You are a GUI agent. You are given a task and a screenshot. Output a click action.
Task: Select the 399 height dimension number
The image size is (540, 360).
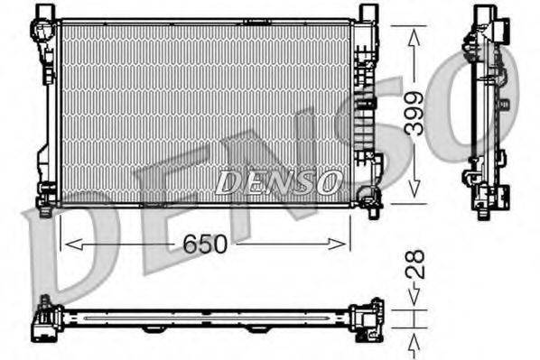413,115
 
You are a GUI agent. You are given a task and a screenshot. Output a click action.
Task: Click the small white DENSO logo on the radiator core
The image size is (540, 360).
279,182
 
